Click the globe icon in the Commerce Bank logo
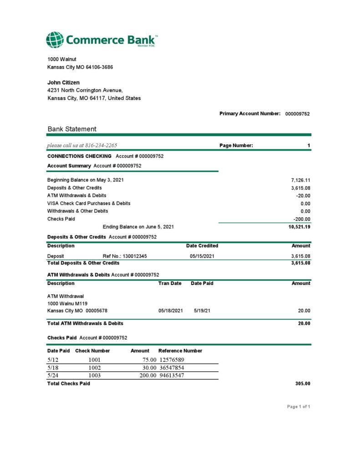coord(55,40)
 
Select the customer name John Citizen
coord(63,82)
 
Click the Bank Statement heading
coord(72,129)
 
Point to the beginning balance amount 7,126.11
coord(300,180)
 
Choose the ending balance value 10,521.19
coord(299,227)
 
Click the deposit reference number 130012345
coord(135,256)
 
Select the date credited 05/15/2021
coord(202,256)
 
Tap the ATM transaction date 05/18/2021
coord(170,311)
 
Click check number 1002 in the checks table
coord(94,367)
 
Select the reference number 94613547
coord(172,375)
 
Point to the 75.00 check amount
coord(149,360)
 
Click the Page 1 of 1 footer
coord(299,406)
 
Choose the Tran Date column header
coord(170,283)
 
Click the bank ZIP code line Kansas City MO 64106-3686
coord(80,67)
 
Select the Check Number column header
coord(92,351)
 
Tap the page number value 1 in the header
coord(309,146)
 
